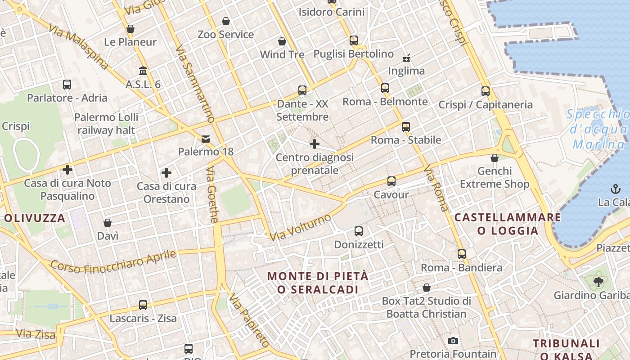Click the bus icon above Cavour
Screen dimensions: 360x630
391,181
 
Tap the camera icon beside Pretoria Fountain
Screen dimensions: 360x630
453,341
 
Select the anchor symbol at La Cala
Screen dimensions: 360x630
615,189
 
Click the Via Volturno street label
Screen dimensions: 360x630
301,227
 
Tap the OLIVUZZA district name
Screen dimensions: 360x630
35,219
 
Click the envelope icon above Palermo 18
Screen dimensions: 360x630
206,139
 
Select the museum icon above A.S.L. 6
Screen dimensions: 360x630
143,71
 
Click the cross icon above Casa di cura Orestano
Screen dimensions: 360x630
166,173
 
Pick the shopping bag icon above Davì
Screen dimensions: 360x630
108,223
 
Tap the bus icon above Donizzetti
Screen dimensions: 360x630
359,231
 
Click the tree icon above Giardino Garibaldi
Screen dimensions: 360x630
598,282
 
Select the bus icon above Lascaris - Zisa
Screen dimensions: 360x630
143,305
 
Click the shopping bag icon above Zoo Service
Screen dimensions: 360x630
226,21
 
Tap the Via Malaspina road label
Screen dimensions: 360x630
79,47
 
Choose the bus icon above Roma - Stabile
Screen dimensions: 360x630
406,127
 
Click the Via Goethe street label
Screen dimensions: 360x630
212,194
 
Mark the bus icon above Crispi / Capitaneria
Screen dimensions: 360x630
486,91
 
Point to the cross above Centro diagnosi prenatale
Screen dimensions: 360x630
315,144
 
